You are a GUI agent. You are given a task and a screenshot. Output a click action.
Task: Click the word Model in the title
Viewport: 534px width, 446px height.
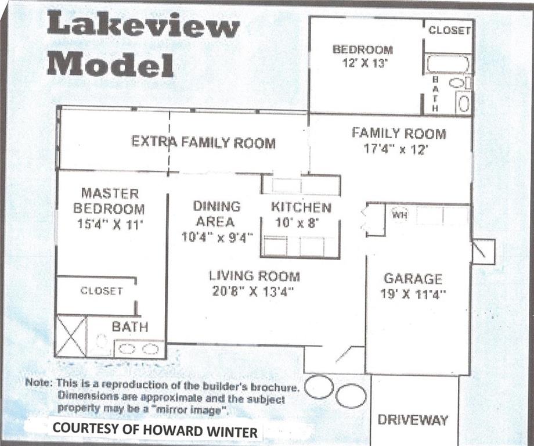point(110,63)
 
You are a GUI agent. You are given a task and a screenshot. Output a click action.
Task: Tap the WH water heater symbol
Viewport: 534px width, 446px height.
point(399,215)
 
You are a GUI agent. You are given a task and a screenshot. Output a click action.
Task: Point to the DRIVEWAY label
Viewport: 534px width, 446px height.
point(413,420)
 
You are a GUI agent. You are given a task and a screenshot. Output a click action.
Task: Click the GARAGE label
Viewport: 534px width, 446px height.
point(413,279)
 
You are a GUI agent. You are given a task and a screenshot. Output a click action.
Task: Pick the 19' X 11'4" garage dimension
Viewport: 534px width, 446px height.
point(413,294)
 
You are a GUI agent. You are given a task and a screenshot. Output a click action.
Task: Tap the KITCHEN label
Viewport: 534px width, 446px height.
point(301,207)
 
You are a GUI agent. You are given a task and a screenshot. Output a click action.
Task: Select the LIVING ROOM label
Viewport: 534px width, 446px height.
point(254,276)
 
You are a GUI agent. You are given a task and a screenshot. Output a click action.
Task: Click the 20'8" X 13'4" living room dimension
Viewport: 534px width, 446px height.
point(252,292)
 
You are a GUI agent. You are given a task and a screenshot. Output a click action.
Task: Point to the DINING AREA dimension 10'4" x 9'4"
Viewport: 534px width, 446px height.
point(217,237)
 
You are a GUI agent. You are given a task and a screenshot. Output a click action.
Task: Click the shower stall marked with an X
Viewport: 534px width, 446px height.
point(71,336)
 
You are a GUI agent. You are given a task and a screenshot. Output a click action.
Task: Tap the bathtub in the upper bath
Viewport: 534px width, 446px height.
point(448,64)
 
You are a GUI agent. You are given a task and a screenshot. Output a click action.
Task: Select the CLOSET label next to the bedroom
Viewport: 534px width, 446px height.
point(449,30)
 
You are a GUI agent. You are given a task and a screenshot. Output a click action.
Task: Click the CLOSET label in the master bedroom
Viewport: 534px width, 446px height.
point(101,290)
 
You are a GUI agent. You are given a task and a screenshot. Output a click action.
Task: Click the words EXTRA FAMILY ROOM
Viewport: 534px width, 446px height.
point(204,142)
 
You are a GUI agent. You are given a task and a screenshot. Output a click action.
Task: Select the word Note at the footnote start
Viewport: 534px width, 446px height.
point(38,382)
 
